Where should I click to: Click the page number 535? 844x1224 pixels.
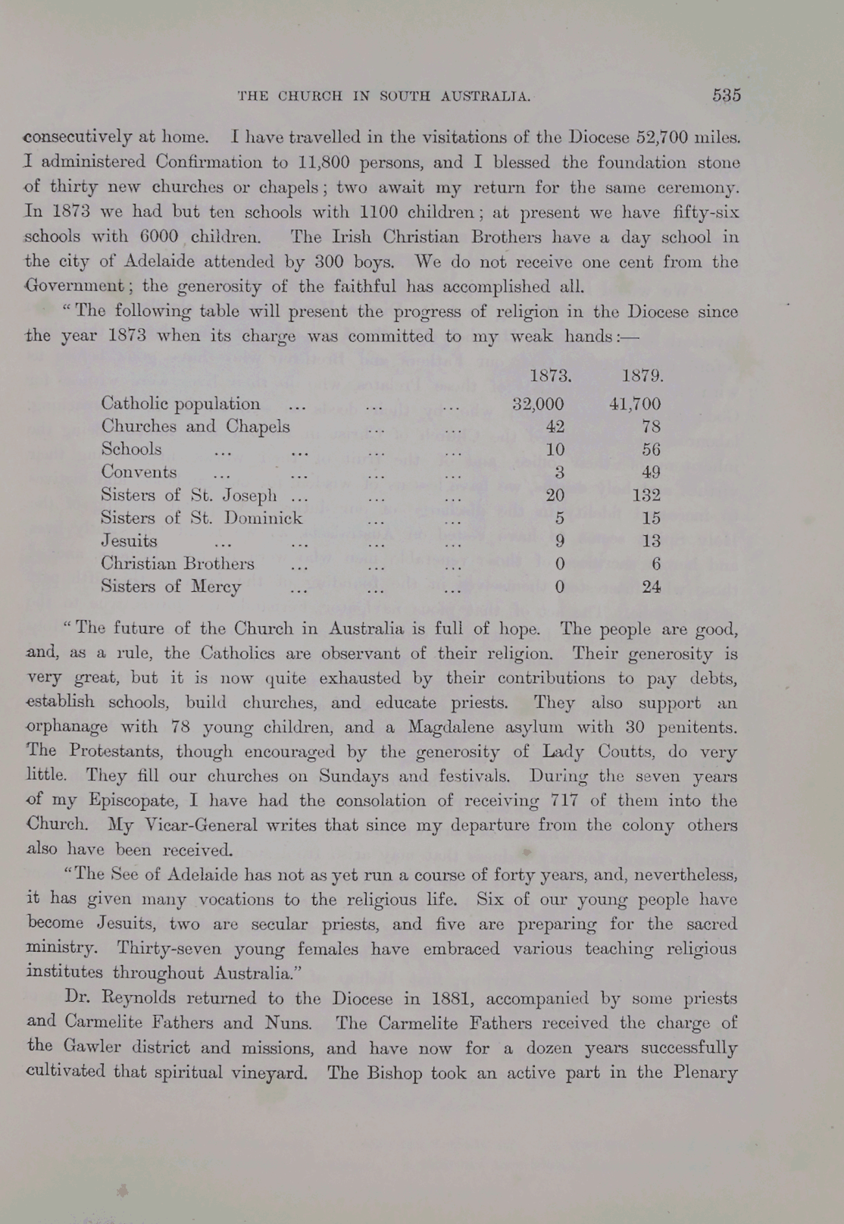pyautogui.click(x=726, y=95)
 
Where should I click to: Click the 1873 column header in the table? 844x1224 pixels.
pyautogui.click(x=550, y=376)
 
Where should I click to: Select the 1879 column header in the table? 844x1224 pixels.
pyautogui.click(x=642, y=376)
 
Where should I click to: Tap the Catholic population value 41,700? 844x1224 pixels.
pyautogui.click(x=635, y=404)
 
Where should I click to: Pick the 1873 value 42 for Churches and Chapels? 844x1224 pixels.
pyautogui.click(x=555, y=427)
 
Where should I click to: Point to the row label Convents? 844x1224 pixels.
pyautogui.click(x=139, y=472)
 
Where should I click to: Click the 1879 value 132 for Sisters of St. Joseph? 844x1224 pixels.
pyautogui.click(x=646, y=496)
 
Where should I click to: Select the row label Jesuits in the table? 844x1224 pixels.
pyautogui.click(x=130, y=541)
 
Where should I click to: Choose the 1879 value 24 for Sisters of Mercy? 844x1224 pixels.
pyautogui.click(x=651, y=587)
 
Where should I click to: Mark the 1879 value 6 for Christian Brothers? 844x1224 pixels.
pyautogui.click(x=655, y=564)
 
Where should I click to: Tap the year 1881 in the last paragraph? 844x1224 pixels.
pyautogui.click(x=452, y=998)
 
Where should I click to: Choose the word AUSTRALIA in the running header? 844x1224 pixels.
pyautogui.click(x=486, y=96)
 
